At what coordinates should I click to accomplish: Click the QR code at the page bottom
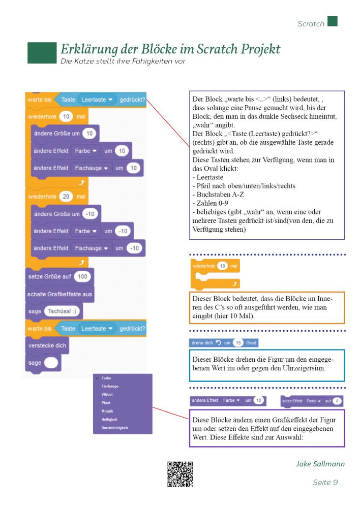pyautogui.click(x=180, y=474)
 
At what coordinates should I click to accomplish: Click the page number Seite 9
pyautogui.click(x=325, y=482)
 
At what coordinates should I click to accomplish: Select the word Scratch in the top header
pyautogui.click(x=311, y=23)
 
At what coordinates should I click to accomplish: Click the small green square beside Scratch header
pyautogui.click(x=333, y=21)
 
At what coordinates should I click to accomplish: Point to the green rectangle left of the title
pyautogui.click(x=42, y=52)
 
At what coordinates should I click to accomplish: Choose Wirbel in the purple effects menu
pyautogui.click(x=107, y=394)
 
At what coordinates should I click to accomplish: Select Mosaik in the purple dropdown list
pyautogui.click(x=107, y=411)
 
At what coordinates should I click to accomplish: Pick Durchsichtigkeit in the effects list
pyautogui.click(x=114, y=428)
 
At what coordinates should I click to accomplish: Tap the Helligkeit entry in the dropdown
pyautogui.click(x=110, y=419)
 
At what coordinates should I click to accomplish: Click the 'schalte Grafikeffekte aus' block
pyautogui.click(x=60, y=294)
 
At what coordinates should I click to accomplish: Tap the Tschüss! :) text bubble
pyautogui.click(x=63, y=311)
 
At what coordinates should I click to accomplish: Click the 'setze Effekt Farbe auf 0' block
pyautogui.click(x=311, y=401)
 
